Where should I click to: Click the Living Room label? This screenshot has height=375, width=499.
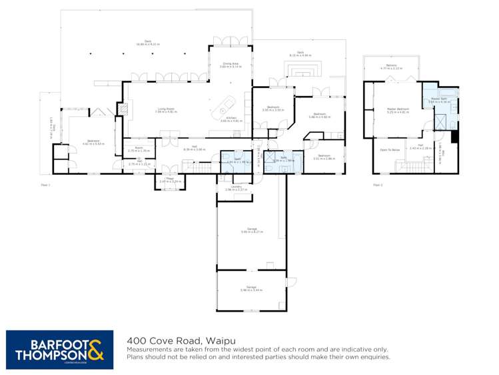[165, 109]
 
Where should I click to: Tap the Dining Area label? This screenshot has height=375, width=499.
[231, 65]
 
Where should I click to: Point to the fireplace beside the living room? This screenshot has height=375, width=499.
[122, 108]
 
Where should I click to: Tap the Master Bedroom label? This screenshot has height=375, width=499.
[397, 109]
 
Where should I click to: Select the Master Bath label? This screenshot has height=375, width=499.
[438, 100]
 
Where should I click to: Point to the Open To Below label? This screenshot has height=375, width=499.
[389, 149]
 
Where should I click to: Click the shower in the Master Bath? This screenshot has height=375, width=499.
[441, 120]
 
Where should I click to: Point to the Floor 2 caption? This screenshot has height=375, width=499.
[378, 185]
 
